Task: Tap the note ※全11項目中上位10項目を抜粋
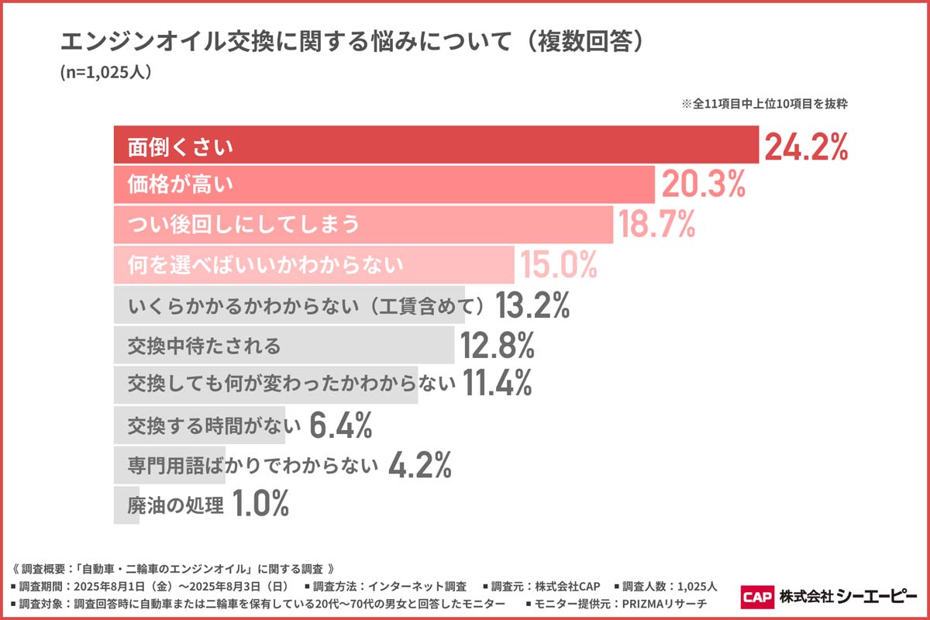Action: [763, 104]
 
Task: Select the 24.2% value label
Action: [806, 146]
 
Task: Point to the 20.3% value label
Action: [703, 185]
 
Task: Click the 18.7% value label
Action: [656, 225]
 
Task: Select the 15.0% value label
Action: [558, 265]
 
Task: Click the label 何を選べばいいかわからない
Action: [266, 265]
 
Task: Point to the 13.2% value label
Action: [532, 306]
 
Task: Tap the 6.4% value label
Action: [341, 425]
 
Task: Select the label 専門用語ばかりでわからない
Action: [253, 465]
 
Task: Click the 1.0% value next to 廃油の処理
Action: [260, 505]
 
